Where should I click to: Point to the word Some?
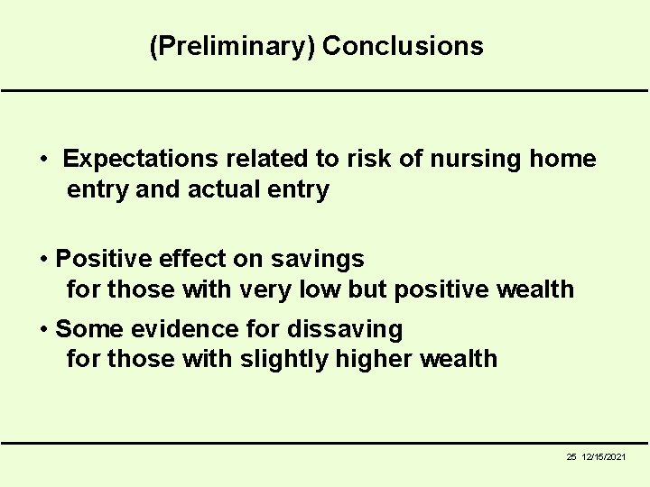[86, 328]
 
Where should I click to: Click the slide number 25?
[571, 457]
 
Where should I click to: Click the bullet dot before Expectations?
[44, 161]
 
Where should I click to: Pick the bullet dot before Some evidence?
[44, 329]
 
